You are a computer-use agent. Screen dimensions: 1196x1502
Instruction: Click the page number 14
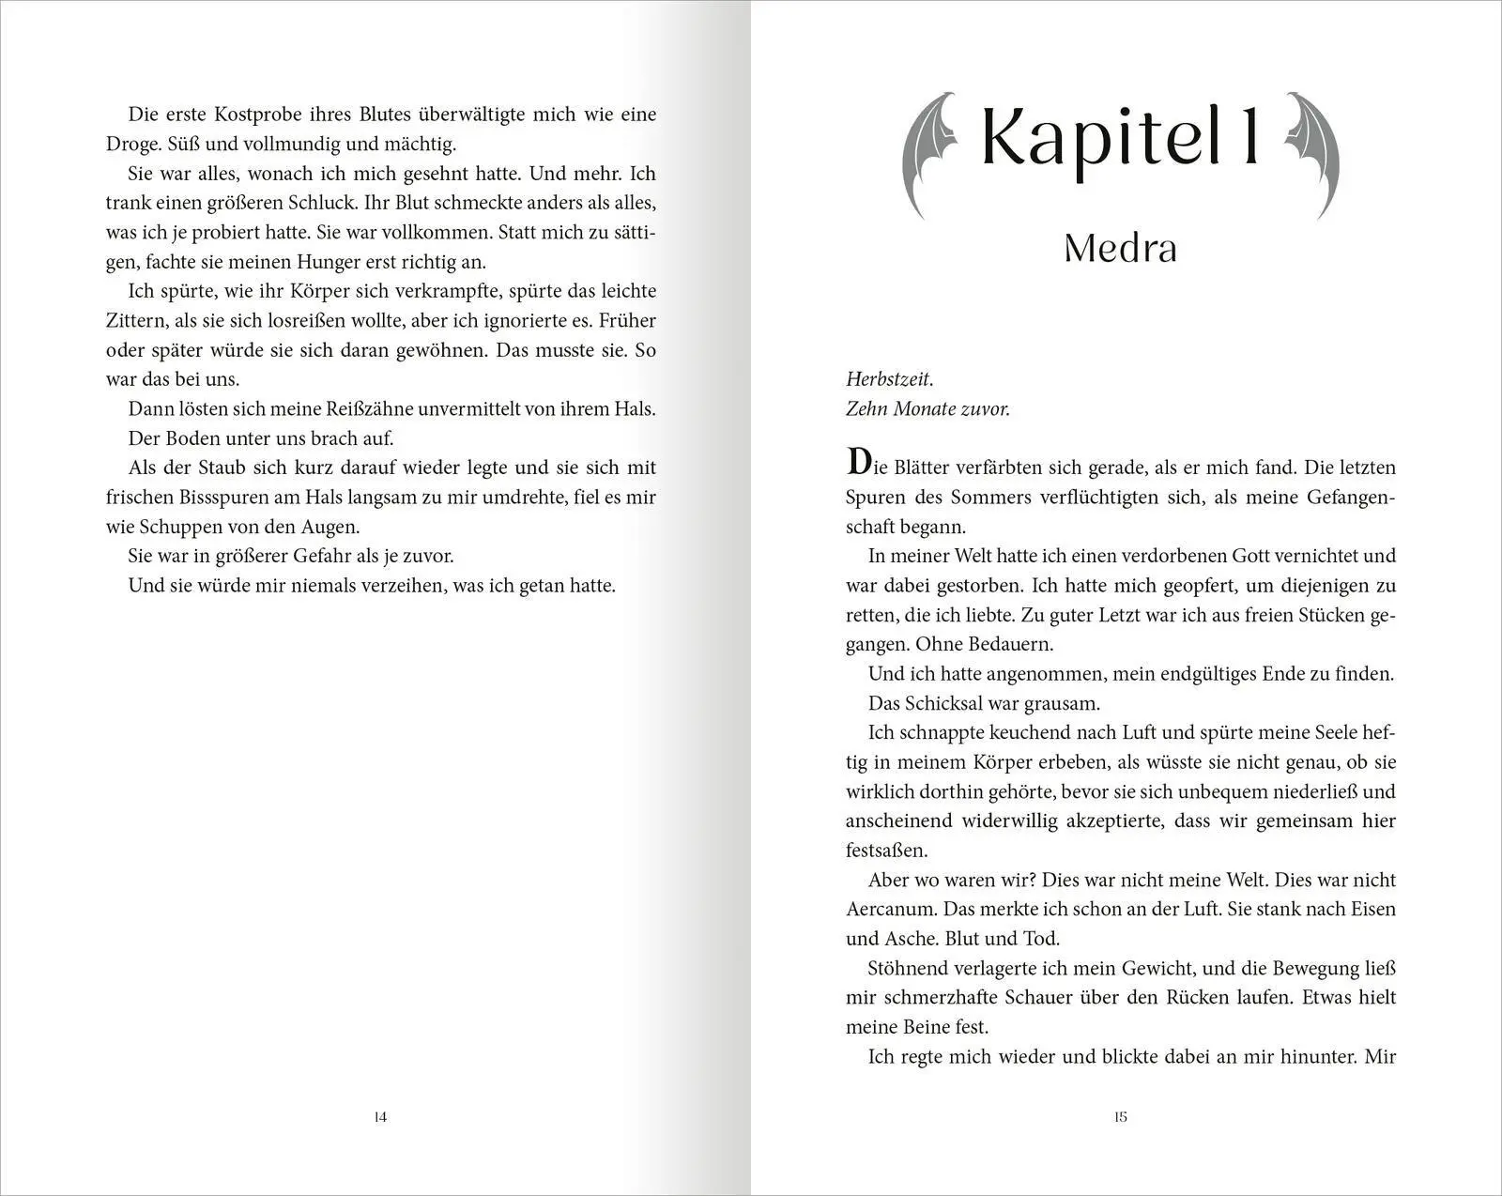tap(380, 1117)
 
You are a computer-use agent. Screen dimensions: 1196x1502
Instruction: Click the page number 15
tap(1120, 1117)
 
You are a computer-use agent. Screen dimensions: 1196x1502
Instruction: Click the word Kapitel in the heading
tap(1095, 138)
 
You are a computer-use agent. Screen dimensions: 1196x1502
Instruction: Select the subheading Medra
tap(1120, 248)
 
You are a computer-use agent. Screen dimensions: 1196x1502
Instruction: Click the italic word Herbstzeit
tap(889, 379)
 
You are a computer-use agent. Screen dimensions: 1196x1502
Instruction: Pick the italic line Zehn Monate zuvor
tap(927, 409)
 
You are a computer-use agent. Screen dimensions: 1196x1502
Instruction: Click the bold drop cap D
tap(859, 464)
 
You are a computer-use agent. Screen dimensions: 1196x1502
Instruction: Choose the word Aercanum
tap(890, 910)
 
